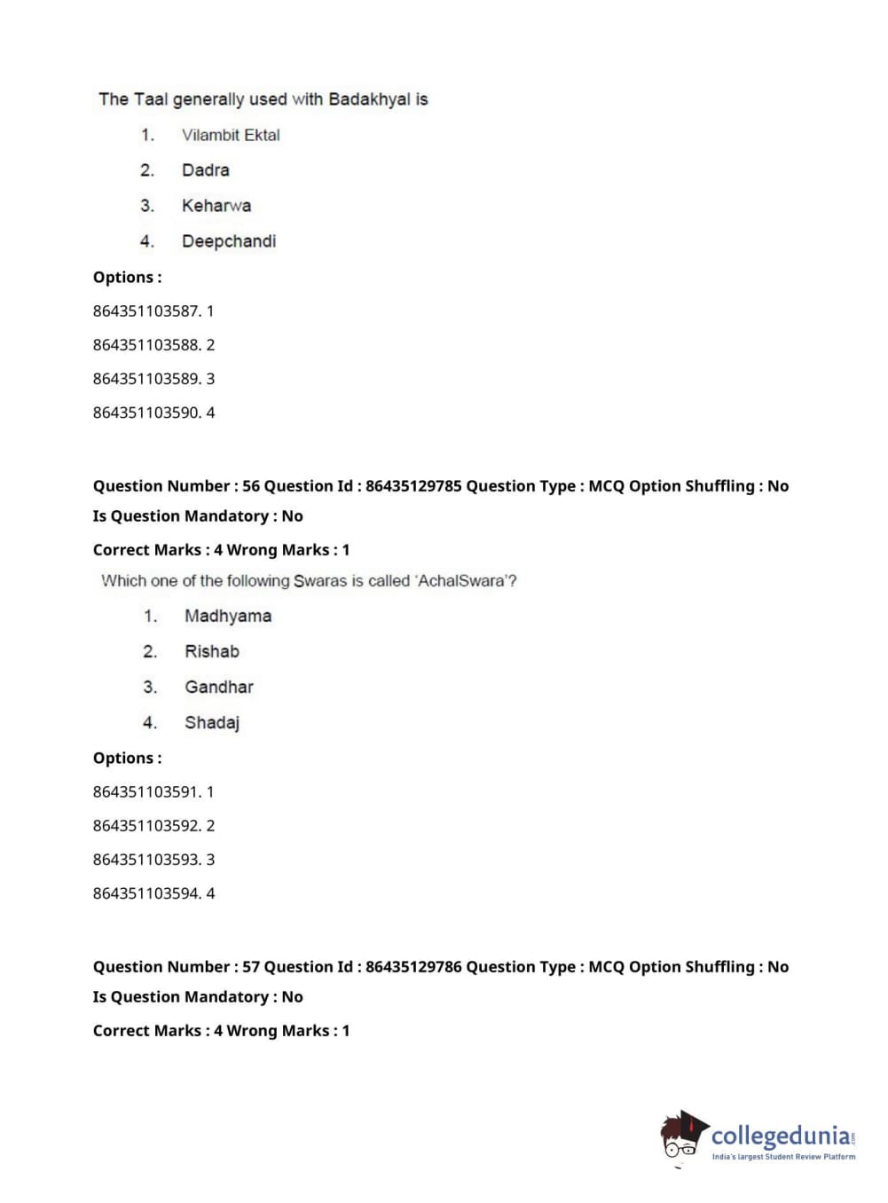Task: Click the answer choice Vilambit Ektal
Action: [x=231, y=135]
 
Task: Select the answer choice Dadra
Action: [x=205, y=170]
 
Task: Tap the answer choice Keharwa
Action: [x=216, y=206]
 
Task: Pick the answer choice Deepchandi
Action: [x=229, y=241]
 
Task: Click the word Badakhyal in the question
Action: [x=369, y=99]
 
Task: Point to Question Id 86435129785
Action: [x=413, y=486]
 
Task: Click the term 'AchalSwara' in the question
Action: [x=463, y=581]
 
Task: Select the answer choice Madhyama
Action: [x=228, y=616]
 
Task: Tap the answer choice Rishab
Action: [x=212, y=651]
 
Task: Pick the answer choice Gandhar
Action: [x=219, y=687]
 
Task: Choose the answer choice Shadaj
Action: [x=212, y=722]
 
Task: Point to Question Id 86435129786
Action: [x=413, y=967]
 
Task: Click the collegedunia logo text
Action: [x=781, y=1136]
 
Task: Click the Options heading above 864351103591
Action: [x=127, y=759]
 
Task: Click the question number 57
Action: [x=251, y=967]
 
